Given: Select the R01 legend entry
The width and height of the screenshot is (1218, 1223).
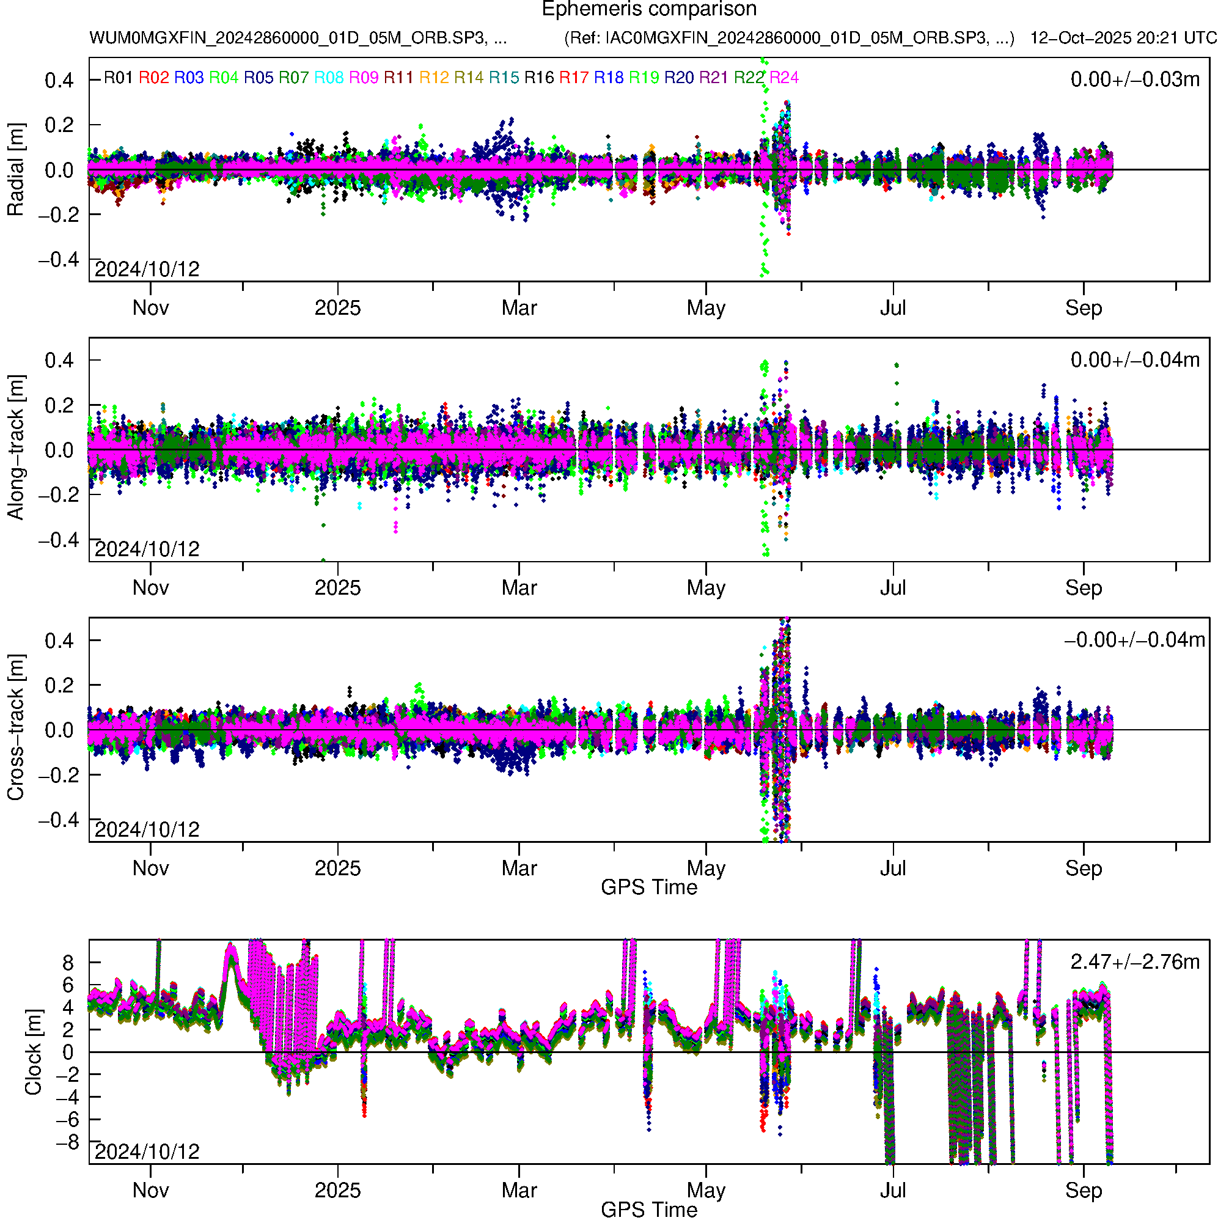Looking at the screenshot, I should click(x=118, y=78).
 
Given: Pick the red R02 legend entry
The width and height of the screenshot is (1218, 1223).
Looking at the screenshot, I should click(x=154, y=78).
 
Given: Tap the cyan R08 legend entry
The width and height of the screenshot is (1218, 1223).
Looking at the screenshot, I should click(x=329, y=78).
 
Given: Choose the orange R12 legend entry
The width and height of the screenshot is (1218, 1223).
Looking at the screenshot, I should click(x=434, y=78).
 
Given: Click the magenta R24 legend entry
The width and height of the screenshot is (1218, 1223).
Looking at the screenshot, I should click(x=783, y=78).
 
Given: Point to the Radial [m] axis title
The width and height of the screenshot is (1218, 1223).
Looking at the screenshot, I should click(x=15, y=170).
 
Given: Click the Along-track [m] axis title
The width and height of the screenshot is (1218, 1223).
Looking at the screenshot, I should click(x=15, y=448).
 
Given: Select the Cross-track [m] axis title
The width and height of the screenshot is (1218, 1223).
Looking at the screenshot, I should click(x=15, y=728).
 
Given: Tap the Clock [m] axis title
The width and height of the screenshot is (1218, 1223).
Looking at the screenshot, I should click(x=33, y=1052).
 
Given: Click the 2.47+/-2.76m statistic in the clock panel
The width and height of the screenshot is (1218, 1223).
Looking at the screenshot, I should click(x=1134, y=962).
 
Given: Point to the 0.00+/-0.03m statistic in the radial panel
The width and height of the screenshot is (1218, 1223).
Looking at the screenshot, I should click(x=1134, y=79).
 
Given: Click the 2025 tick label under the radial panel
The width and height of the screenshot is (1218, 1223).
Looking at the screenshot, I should click(x=337, y=308).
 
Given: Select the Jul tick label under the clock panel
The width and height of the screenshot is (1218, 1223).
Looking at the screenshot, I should click(x=893, y=1191).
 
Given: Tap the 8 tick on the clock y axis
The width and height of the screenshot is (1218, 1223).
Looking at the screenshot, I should click(x=68, y=963).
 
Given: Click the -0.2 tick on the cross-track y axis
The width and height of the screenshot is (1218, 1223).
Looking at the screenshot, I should click(x=59, y=775).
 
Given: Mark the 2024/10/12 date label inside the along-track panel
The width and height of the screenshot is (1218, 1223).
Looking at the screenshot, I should click(x=147, y=549).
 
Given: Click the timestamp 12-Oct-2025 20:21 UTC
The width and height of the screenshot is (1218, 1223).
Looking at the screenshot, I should click(x=1123, y=38).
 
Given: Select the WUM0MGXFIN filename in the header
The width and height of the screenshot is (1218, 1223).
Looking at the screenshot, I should click(x=298, y=38).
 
